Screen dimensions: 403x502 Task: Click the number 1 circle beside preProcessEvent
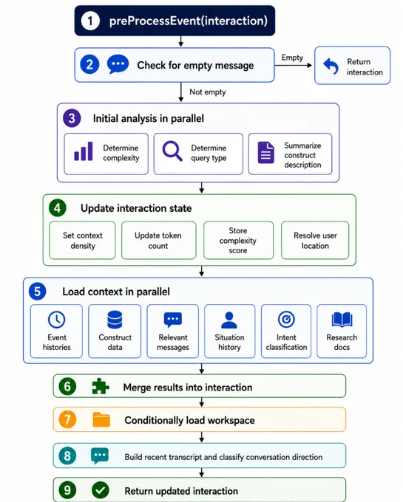[90, 21]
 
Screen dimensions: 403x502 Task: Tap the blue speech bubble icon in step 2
[118, 64]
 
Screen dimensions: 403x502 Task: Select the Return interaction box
[352, 66]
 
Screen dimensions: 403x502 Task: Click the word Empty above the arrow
[292, 58]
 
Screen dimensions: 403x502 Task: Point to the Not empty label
[208, 92]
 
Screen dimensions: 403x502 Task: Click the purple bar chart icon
[84, 151]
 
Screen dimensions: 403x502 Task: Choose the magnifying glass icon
[172, 151]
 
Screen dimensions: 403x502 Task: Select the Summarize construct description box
[290, 154]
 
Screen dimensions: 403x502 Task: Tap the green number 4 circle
[58, 208]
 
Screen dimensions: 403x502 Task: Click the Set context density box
[82, 240]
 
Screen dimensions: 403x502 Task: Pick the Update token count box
[159, 240]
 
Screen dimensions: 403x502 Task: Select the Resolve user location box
[315, 240]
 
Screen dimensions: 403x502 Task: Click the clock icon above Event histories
[57, 320]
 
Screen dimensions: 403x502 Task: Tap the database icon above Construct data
[115, 320]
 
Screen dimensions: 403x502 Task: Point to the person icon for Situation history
[229, 320]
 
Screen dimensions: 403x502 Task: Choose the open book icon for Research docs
[342, 320]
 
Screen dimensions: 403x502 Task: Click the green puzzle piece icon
[101, 386]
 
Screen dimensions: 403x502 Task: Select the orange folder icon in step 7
[101, 419]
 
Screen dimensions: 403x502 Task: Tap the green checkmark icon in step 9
[101, 490]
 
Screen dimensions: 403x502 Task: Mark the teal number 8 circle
[67, 455]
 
